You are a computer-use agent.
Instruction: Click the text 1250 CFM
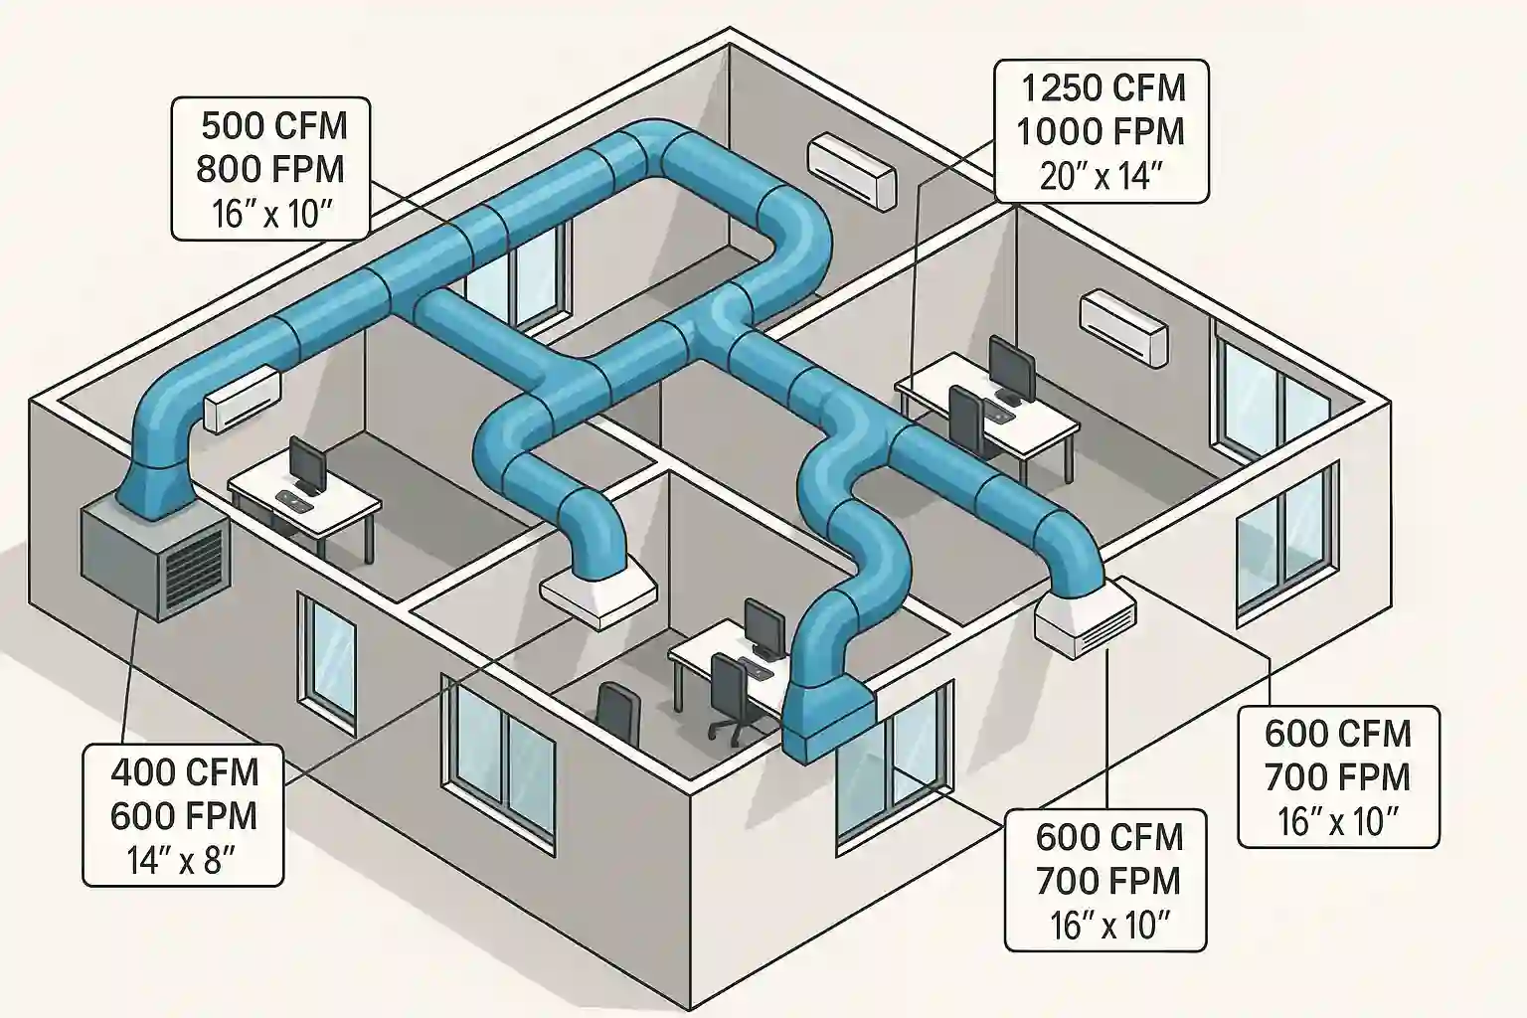tap(1103, 87)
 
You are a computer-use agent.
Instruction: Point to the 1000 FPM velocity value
tap(1100, 131)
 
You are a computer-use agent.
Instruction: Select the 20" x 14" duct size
tap(1100, 176)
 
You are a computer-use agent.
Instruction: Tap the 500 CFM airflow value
tap(274, 125)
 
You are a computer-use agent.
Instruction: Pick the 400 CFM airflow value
tap(185, 771)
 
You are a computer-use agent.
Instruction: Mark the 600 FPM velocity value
tap(184, 815)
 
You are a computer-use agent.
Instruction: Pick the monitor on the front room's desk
tap(764, 629)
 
